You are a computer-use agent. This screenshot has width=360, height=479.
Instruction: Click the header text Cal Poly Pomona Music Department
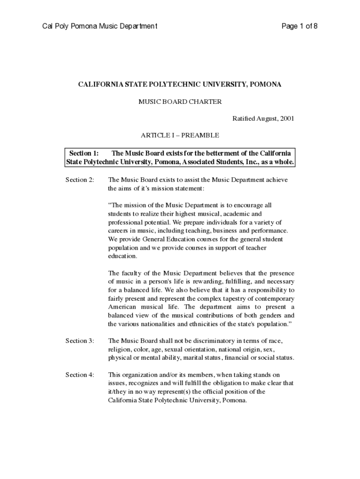[x=100, y=26]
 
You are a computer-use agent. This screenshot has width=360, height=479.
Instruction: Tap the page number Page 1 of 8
[x=299, y=26]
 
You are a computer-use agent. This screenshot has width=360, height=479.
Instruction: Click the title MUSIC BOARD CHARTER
[x=180, y=102]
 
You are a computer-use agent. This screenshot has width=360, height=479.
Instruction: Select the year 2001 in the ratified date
[x=287, y=118]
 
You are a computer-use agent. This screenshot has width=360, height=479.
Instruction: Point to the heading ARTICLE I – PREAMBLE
[x=180, y=135]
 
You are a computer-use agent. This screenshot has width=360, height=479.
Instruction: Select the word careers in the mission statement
[x=119, y=231]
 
